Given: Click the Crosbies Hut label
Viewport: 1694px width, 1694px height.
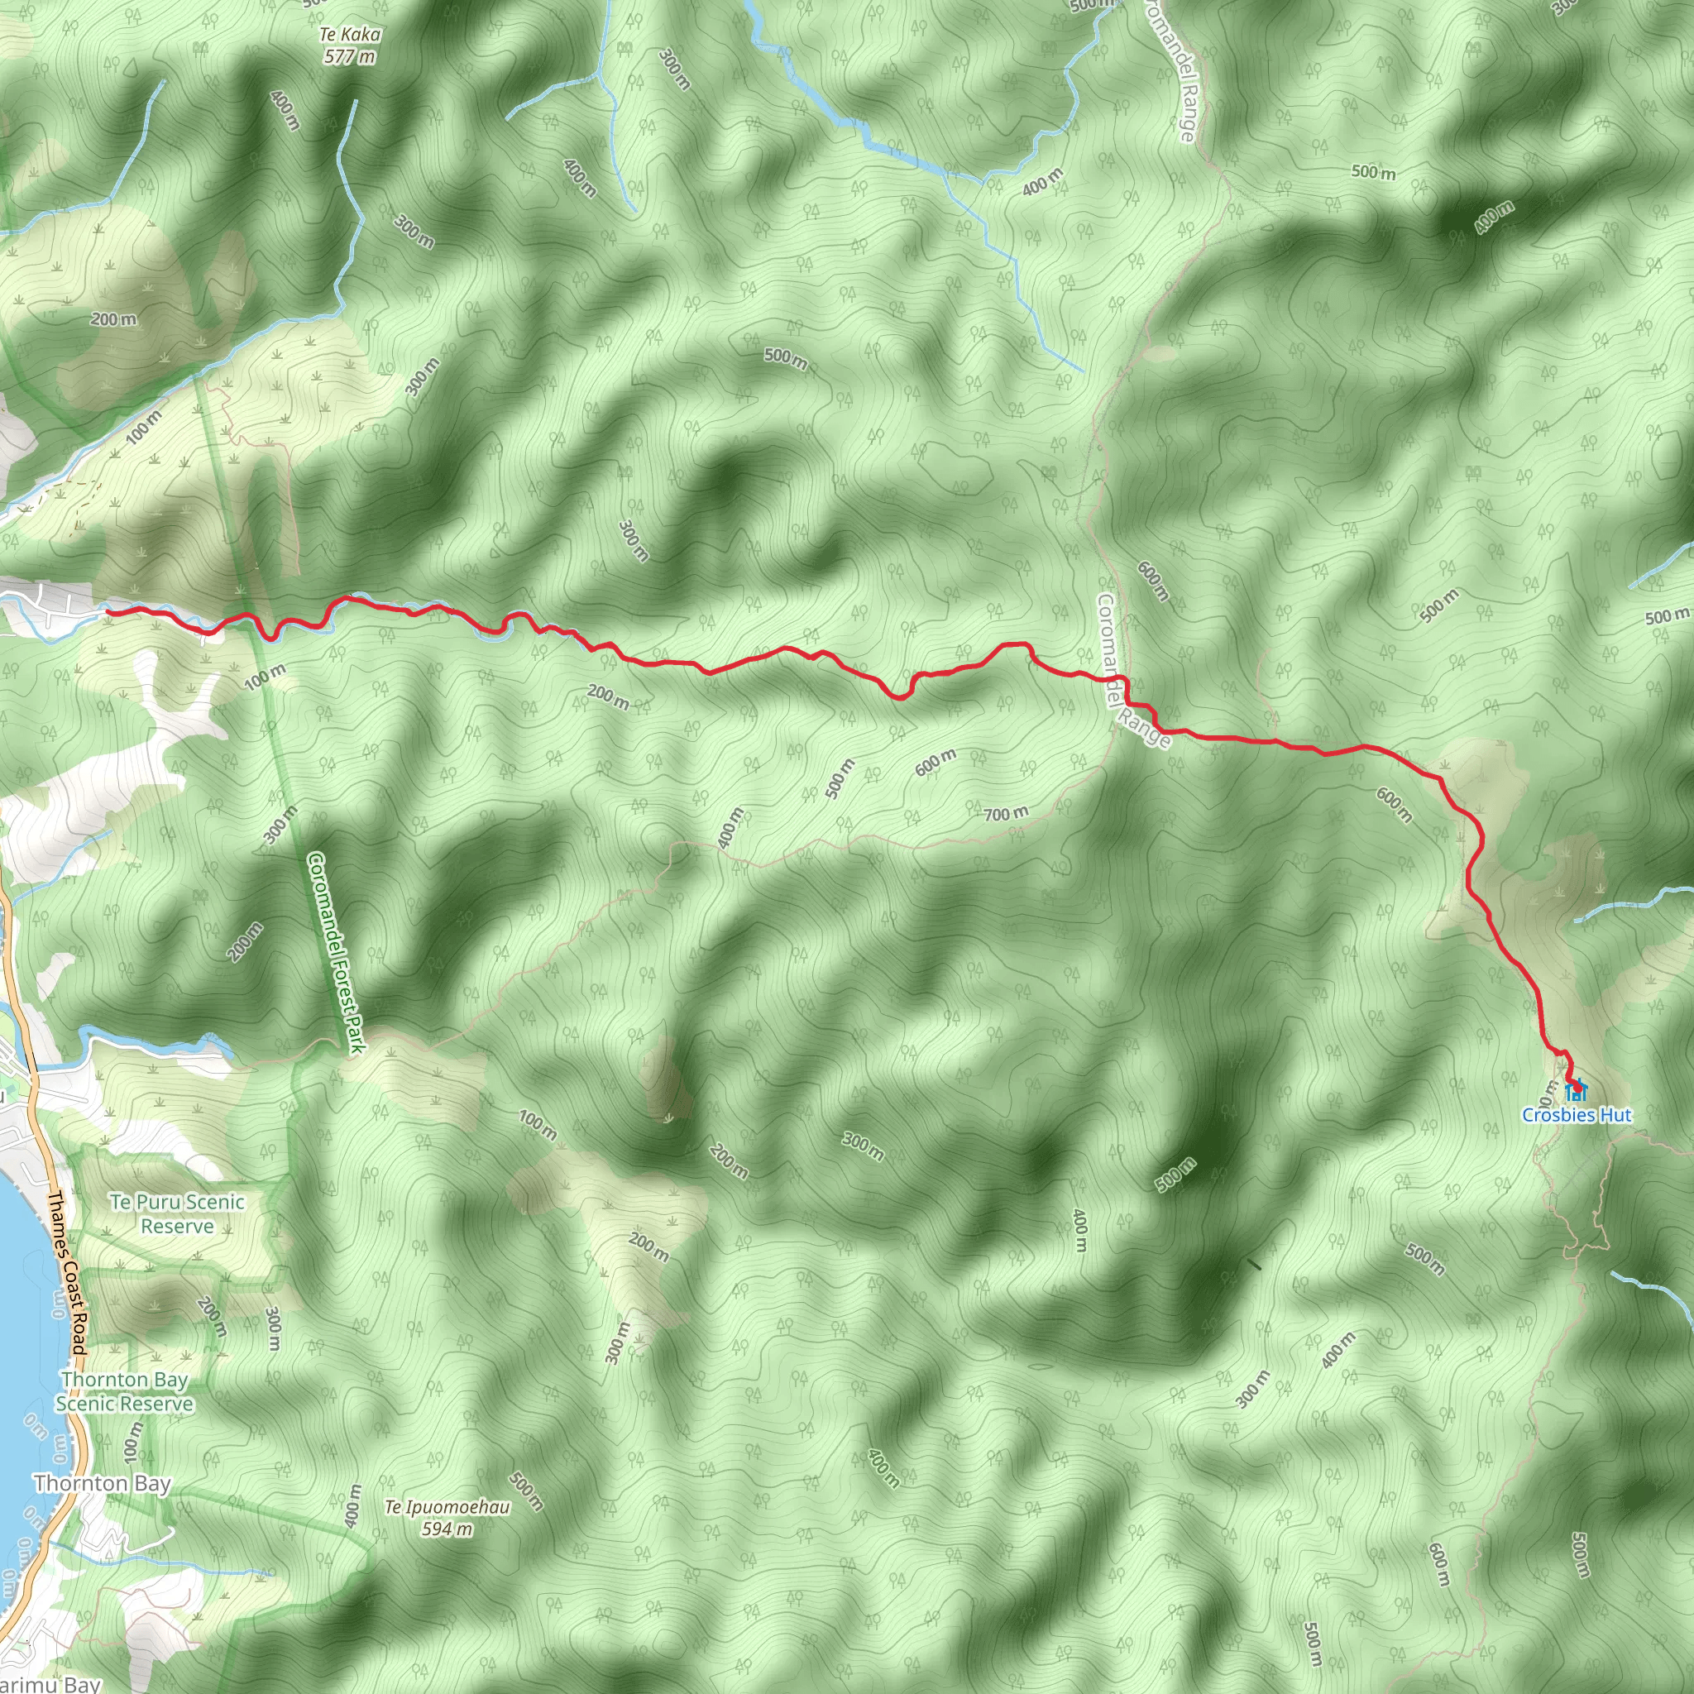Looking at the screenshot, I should (x=1577, y=1115).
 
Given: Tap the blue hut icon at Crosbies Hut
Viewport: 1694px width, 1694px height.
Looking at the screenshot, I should (x=1575, y=1090).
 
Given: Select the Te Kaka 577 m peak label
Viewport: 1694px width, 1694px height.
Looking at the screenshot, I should (x=350, y=45).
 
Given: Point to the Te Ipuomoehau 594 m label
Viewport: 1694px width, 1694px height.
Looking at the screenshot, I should (x=447, y=1518).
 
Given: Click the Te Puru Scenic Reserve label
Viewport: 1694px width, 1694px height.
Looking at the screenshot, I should (x=177, y=1213).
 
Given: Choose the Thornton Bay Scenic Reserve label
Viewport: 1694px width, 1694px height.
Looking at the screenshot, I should (x=125, y=1391).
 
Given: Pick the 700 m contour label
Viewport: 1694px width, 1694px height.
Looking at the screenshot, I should (x=1005, y=814).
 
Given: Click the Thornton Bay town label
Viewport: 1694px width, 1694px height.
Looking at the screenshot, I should (x=103, y=1484).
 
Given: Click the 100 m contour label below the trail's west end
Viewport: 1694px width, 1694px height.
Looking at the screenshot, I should (x=264, y=676).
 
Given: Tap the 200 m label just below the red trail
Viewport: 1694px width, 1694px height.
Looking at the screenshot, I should (x=608, y=697).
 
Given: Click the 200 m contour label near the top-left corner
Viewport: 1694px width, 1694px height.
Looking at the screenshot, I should (x=114, y=319).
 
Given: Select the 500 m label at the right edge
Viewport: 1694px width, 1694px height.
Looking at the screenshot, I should (x=1667, y=615).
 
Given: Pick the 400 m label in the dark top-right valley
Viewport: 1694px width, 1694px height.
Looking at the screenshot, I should (x=1493, y=218).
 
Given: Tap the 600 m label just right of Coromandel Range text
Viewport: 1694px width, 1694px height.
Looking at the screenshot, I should (x=1153, y=581).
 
